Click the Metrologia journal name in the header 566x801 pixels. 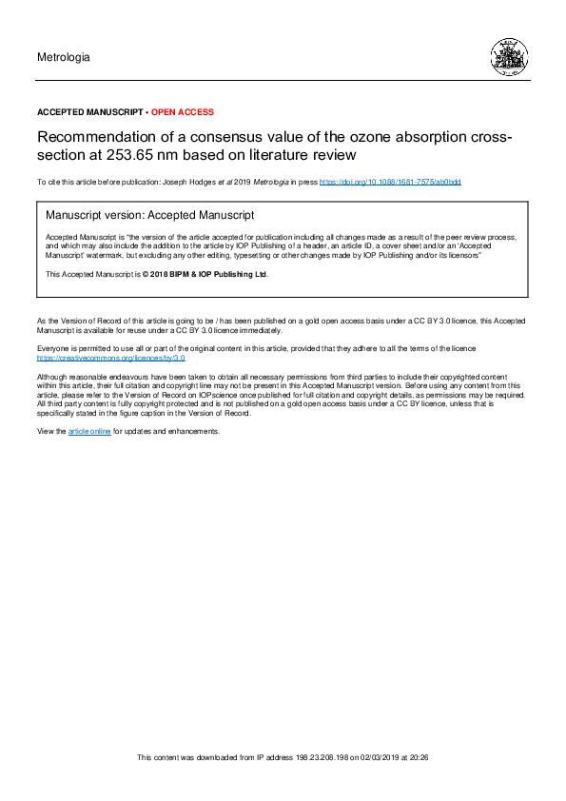pos(64,57)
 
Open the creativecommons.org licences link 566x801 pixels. pos(110,359)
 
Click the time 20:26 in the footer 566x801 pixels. pos(419,757)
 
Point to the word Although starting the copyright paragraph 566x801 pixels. pos(52,379)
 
